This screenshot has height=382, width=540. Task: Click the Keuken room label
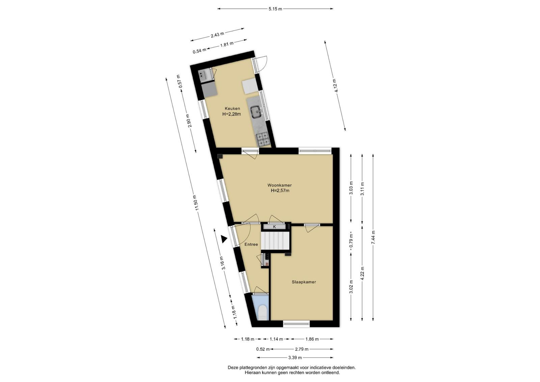click(x=232, y=108)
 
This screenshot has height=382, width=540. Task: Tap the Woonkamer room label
click(x=279, y=185)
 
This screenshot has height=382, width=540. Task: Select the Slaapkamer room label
click(x=304, y=282)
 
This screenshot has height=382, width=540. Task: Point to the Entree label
click(x=251, y=244)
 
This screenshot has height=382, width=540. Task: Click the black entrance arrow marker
click(x=224, y=239)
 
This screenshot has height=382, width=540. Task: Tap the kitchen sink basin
click(x=256, y=112)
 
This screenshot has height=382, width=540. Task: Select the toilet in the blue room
click(x=262, y=312)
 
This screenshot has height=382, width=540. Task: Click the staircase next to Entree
click(x=275, y=241)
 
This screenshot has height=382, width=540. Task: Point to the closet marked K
click(x=274, y=227)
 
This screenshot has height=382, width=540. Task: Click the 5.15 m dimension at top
click(x=275, y=9)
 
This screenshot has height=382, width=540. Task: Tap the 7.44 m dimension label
click(x=373, y=238)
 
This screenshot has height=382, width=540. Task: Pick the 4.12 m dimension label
click(x=335, y=85)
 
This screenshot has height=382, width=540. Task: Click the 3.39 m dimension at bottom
click(x=295, y=358)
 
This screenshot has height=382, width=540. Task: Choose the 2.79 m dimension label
click(x=302, y=349)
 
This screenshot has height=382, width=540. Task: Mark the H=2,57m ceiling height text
click(x=280, y=191)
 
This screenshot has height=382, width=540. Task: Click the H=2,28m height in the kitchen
click(x=232, y=114)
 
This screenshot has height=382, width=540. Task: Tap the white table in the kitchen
click(x=251, y=86)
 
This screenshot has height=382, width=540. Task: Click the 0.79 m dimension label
click(x=351, y=240)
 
